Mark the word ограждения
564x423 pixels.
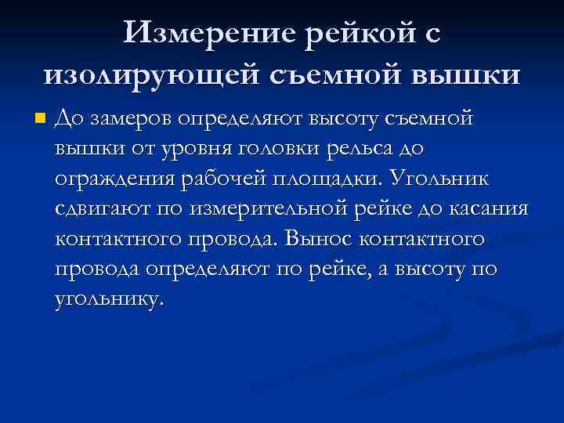(115, 179)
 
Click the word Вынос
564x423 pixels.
(316, 238)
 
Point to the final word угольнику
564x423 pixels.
(110, 298)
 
